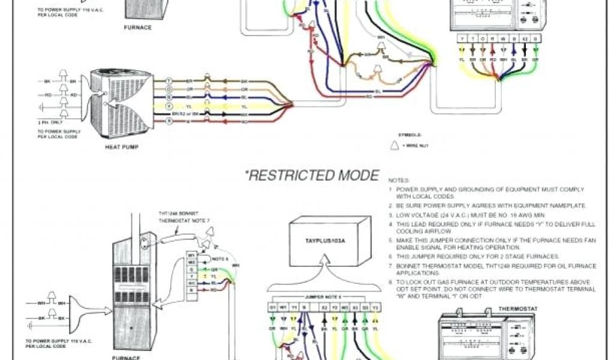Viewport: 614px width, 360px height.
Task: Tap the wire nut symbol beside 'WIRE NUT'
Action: [x=395, y=145]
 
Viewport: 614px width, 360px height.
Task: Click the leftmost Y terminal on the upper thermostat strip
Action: [x=462, y=39]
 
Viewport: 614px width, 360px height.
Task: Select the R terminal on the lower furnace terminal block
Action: [x=191, y=290]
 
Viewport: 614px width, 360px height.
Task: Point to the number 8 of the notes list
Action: [x=390, y=281]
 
